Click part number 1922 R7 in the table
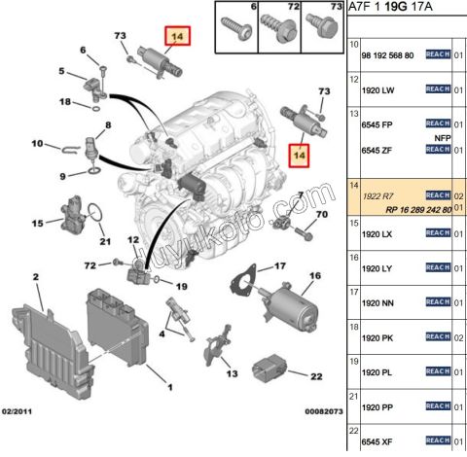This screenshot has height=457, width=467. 377,195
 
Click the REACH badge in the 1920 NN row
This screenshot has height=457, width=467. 438,302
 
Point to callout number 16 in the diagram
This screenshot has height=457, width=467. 313,276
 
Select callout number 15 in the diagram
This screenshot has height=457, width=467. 36,223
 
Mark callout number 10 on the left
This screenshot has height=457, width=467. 36,145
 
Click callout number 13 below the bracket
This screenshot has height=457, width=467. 231,372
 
